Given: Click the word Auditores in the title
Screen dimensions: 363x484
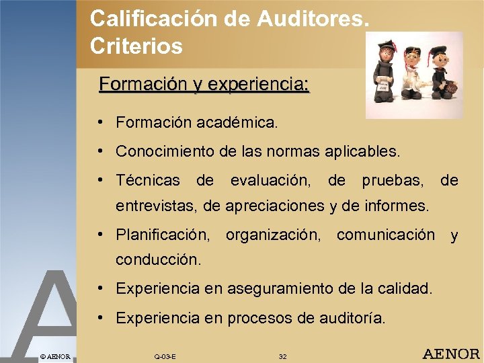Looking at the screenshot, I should (x=313, y=18).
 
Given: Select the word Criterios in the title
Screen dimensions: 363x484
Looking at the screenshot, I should (x=136, y=46).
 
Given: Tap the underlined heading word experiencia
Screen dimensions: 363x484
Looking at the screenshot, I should (x=259, y=85).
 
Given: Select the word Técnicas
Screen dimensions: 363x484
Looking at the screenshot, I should (x=148, y=181).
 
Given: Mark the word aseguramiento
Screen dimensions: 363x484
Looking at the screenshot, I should (x=274, y=288).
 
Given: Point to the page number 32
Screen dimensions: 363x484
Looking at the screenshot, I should (x=282, y=356).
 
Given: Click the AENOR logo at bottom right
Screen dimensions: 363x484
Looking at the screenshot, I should (x=450, y=354).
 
